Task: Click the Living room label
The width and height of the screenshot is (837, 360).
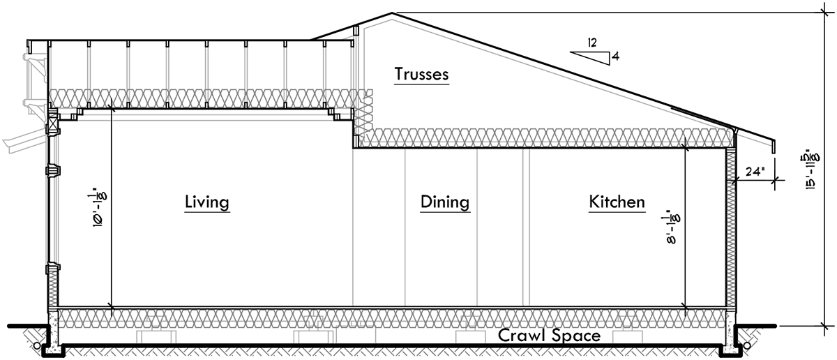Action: click(x=207, y=202)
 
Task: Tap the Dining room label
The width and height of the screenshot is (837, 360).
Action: click(x=444, y=202)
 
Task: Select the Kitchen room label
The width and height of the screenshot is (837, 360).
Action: click(x=617, y=202)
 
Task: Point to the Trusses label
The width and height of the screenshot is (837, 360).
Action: click(x=421, y=74)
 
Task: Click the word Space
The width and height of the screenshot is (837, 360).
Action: click(x=575, y=336)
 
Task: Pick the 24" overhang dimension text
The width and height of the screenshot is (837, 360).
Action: click(x=755, y=170)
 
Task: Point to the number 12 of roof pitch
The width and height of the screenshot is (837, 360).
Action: click(x=591, y=43)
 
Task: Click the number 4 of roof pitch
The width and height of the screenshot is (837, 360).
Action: click(x=615, y=57)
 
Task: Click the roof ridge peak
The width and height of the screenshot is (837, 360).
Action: click(x=393, y=13)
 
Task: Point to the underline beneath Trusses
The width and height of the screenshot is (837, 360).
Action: click(x=421, y=84)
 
